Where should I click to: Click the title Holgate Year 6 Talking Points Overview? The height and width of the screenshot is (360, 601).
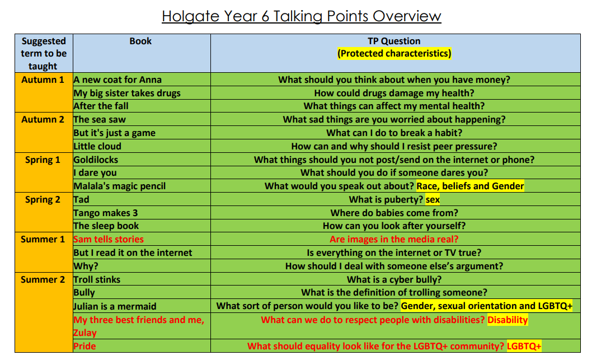[x=301, y=16]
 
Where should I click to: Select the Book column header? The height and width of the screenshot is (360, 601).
[x=140, y=41]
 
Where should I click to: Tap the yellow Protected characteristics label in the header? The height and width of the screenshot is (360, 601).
[x=394, y=53]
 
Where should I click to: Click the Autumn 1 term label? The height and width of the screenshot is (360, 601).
[x=43, y=80]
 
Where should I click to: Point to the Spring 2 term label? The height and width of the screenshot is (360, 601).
[x=43, y=200]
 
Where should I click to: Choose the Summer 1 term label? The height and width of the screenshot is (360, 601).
[x=43, y=240]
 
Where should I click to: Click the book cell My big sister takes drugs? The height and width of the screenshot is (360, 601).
[x=127, y=93]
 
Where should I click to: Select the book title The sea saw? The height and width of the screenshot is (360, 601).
[x=100, y=120]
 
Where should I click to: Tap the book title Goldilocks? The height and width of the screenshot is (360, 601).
[x=96, y=160]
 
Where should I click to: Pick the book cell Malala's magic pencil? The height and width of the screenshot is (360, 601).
[x=120, y=186]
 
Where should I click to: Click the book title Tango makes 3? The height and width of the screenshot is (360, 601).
[x=106, y=213]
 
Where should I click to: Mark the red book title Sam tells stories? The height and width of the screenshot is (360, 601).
[x=109, y=240]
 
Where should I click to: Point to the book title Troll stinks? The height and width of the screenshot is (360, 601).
[x=97, y=280]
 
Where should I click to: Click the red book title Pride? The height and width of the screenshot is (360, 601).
[x=84, y=346]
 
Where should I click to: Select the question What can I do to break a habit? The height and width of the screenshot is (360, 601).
[x=395, y=133]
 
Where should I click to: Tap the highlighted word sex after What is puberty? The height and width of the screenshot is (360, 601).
[x=433, y=200]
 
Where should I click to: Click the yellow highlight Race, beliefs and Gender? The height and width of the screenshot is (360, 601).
[x=470, y=186]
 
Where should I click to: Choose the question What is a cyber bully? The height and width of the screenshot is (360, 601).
[x=395, y=280]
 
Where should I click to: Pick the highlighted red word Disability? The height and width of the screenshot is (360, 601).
[x=508, y=320]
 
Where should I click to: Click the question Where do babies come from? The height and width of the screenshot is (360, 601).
[x=395, y=213]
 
